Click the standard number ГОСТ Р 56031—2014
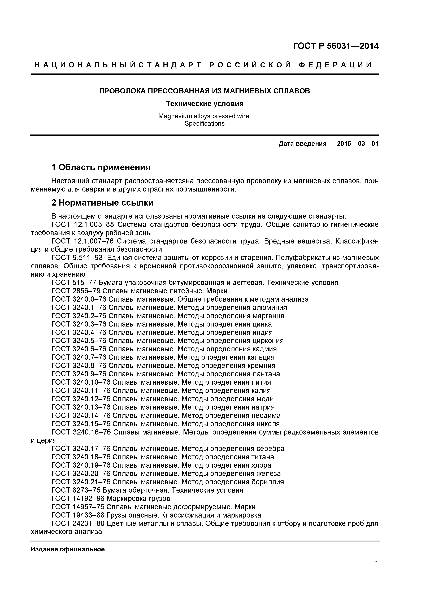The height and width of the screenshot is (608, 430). [336, 46]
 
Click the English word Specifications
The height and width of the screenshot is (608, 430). [204, 124]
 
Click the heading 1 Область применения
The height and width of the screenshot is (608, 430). [101, 167]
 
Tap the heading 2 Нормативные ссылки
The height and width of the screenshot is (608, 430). [102, 203]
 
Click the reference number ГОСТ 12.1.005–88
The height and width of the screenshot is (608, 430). [83, 225]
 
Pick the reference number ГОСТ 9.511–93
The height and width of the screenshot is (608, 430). [77, 258]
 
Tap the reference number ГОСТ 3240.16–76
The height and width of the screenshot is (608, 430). [81, 432]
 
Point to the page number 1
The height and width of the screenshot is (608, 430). [376, 571]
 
